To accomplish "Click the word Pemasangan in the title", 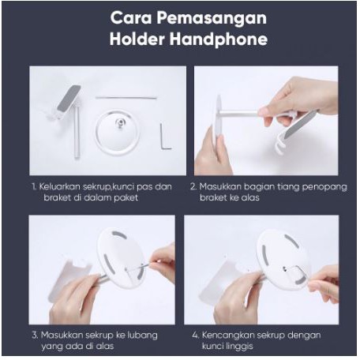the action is [212, 18].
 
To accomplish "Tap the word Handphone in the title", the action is [219, 39].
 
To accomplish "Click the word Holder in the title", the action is [137, 39].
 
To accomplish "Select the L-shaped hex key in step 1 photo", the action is [165, 136].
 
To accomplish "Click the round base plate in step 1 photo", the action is [118, 132].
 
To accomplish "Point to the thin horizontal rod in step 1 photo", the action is [126, 98].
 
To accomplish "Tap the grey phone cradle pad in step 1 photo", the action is [69, 98].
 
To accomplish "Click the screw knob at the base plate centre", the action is [120, 122].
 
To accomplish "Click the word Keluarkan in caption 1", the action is [59, 186].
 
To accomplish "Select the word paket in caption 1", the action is [126, 197].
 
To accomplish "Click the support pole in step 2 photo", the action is [238, 113].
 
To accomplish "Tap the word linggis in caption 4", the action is [239, 347].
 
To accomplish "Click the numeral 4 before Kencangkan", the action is [195, 336].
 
